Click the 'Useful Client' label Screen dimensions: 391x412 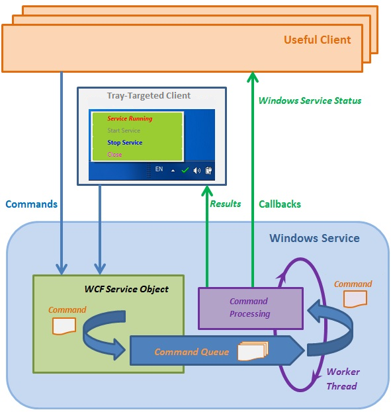point(317,40)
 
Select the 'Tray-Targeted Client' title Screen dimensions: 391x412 point(149,96)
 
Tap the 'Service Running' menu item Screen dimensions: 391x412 point(130,118)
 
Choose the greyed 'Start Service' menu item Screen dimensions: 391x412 point(124,130)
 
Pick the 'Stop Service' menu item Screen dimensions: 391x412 point(124,143)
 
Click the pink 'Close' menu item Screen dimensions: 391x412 point(114,155)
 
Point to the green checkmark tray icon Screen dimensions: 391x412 point(185,170)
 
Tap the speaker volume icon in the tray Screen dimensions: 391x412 point(196,171)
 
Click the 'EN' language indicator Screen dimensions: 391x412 point(159,169)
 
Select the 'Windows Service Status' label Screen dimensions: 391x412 point(310,101)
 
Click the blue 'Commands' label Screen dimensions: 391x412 point(32,204)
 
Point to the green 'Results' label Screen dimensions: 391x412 point(226,204)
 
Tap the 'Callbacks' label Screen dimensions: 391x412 point(280,204)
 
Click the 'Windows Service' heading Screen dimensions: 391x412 point(314,238)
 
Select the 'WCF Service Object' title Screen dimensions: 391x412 point(126,289)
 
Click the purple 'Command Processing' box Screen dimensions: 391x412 point(251,308)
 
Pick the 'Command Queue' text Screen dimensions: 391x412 point(191,352)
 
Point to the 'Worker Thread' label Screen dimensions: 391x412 point(343,379)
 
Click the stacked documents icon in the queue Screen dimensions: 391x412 point(253,350)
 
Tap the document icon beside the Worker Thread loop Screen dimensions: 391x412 point(355,299)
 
